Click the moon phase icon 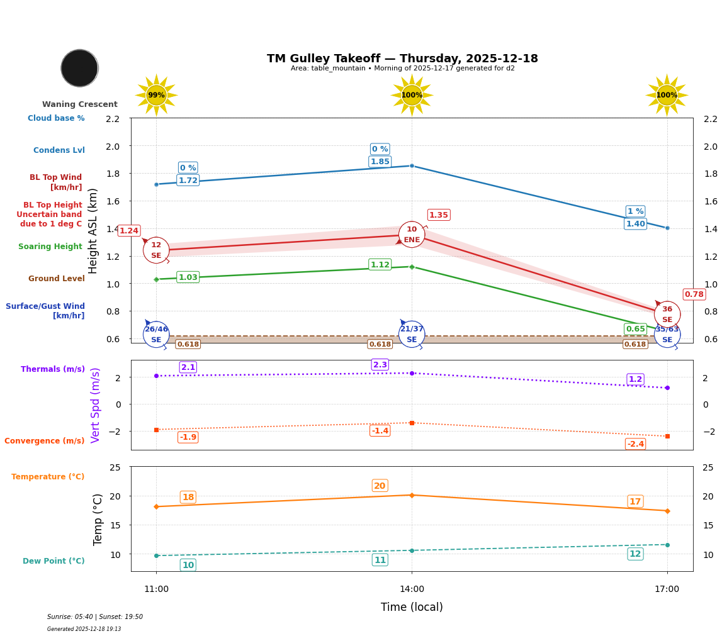(x=79, y=68)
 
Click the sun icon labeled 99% (x=156, y=95)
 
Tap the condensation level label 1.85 (x=380, y=162)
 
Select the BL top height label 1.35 (x=438, y=215)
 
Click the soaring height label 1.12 (x=380, y=265)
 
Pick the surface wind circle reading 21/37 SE (x=412, y=334)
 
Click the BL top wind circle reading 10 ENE (x=412, y=235)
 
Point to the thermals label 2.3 (x=380, y=365)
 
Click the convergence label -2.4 (x=635, y=444)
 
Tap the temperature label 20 (x=380, y=486)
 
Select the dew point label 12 (x=635, y=554)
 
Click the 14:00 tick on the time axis (x=412, y=589)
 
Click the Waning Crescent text (x=80, y=104)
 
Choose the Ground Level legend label (x=56, y=279)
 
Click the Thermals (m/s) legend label (x=53, y=369)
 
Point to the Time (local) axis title (x=412, y=607)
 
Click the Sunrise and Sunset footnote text (x=95, y=617)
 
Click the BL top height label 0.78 (x=694, y=294)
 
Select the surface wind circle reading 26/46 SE (x=156, y=334)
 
